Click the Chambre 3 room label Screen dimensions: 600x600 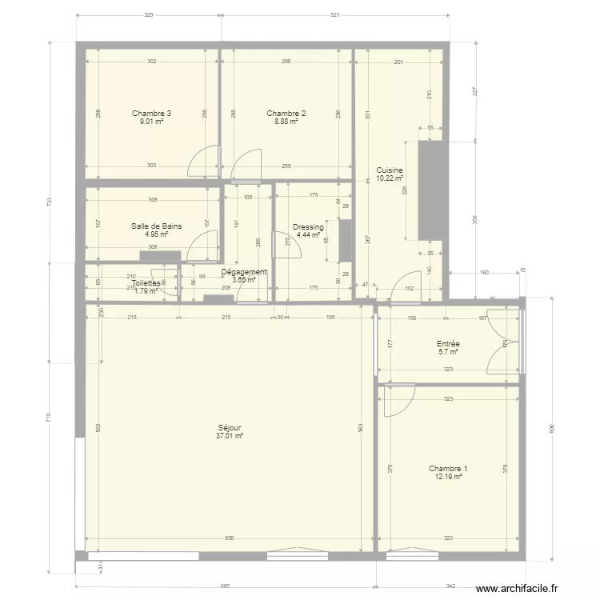(x=151, y=114)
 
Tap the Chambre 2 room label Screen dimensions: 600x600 (x=286, y=114)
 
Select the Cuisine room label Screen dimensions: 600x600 (x=390, y=170)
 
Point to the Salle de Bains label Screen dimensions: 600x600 (x=156, y=226)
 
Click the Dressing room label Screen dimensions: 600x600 (x=308, y=227)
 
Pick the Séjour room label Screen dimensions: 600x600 (x=229, y=428)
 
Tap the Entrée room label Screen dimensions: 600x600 (x=447, y=343)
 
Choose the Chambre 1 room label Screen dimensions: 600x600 (x=448, y=469)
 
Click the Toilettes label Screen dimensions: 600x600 (x=146, y=283)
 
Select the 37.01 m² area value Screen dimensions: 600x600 (x=229, y=437)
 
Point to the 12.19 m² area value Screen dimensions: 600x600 (x=448, y=477)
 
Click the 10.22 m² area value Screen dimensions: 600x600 (x=390, y=179)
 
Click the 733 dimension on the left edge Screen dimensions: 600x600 (x=49, y=202)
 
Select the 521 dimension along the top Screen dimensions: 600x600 (x=335, y=15)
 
